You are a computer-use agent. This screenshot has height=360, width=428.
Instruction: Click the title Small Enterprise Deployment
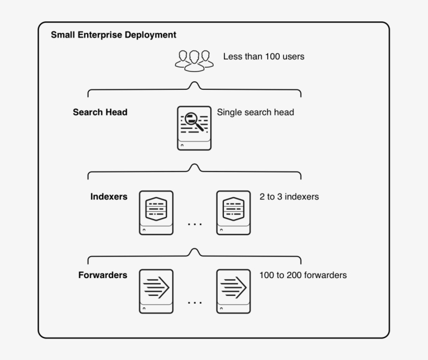113,35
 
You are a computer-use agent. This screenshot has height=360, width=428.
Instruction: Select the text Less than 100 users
264,56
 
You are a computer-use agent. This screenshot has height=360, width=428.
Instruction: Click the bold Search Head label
100,112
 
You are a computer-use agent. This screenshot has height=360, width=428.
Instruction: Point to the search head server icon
194,128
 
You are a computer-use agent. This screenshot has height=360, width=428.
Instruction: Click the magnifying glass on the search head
192,118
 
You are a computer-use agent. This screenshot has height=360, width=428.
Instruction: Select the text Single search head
255,112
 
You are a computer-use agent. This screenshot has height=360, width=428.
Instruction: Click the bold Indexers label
109,197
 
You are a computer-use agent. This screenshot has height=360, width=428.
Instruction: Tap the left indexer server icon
156,212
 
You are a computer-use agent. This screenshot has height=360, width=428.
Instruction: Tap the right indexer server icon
233,212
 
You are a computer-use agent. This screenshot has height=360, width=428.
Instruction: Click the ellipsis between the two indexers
195,224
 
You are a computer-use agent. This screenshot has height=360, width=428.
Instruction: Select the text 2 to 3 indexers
289,197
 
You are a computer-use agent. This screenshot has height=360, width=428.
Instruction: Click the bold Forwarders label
103,275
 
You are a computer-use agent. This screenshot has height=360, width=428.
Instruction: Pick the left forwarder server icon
156,291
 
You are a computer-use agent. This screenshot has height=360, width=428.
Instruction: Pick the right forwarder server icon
233,291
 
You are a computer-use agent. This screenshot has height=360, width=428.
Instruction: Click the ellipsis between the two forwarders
195,302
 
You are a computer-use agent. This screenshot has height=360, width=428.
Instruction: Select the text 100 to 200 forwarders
303,275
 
